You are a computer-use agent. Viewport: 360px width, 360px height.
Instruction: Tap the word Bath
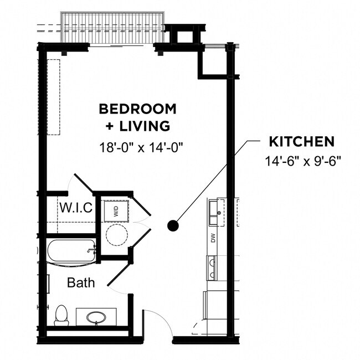pos(81,282)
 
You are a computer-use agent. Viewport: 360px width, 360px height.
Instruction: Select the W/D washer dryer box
pos(116,210)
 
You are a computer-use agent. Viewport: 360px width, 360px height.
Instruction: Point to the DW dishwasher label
pos(213,239)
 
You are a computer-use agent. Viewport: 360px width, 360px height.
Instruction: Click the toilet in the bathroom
pos(62,316)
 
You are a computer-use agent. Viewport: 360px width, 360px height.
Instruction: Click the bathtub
pos(71,251)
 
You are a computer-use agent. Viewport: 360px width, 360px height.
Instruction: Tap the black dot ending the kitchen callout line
pos(173,225)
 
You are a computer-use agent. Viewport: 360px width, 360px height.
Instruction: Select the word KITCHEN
pos(301,142)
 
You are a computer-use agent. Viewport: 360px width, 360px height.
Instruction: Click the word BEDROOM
pos(137,108)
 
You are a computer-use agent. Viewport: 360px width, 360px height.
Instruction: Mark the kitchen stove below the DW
pos(212,267)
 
